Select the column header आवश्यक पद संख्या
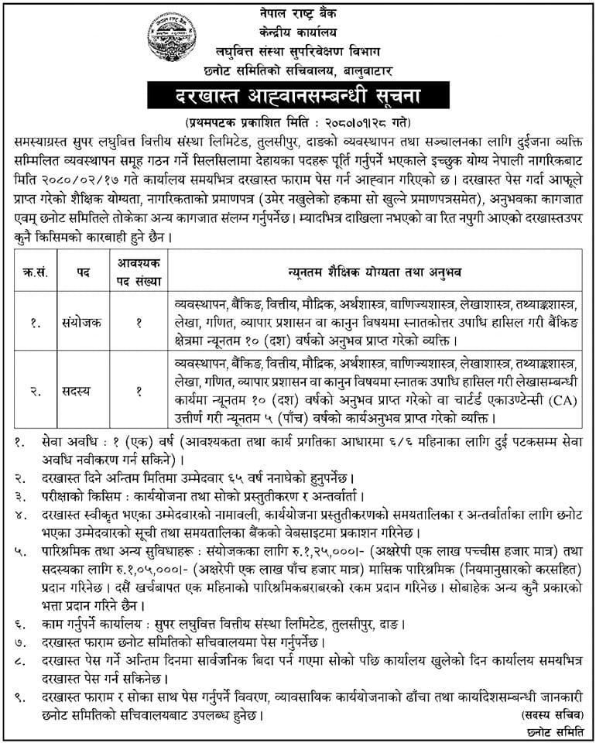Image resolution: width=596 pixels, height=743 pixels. [x=139, y=271]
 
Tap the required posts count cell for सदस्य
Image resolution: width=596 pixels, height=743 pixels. [x=139, y=392]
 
